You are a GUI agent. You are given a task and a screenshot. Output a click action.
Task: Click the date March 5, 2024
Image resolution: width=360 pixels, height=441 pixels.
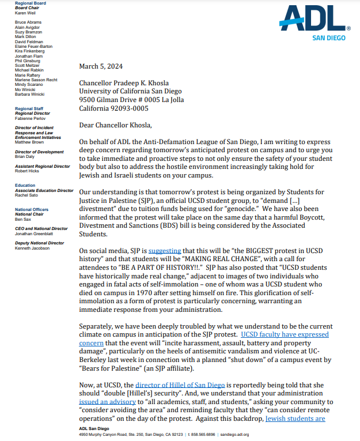tap(101, 66)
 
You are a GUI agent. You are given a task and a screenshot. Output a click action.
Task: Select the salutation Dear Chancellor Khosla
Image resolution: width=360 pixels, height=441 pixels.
tap(117, 125)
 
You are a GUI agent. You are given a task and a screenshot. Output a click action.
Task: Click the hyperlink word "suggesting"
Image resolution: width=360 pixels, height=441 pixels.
tap(165, 251)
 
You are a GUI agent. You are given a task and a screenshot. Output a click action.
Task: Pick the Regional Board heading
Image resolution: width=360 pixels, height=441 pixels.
tap(31, 3)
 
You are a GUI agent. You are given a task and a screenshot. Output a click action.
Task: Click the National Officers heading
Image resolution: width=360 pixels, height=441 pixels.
tap(32, 209)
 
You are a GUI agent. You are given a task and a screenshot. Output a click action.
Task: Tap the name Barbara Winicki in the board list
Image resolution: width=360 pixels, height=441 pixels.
tap(31, 94)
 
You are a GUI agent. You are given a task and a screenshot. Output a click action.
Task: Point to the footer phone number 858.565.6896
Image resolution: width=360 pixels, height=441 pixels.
tap(202, 435)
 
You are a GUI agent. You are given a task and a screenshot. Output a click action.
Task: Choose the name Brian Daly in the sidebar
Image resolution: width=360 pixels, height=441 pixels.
tap(25, 157)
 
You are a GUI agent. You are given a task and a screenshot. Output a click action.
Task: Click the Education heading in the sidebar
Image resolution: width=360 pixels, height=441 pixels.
tap(25, 186)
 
